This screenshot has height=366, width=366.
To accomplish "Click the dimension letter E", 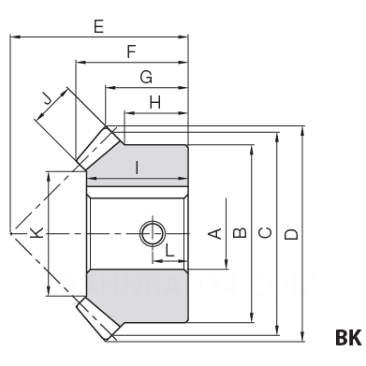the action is [x=98, y=26].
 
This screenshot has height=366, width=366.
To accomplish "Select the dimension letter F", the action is [x=132, y=51].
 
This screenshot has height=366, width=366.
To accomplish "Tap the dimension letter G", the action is [x=146, y=77].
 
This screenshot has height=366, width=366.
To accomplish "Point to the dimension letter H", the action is [x=155, y=102].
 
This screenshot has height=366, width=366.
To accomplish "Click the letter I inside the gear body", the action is [x=137, y=168].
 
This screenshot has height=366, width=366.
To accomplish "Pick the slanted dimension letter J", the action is [x=48, y=100].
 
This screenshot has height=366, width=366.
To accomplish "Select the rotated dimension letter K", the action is [x=37, y=233].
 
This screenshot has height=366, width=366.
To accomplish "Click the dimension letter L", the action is [x=169, y=250].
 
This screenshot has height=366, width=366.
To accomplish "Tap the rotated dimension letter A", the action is [x=214, y=233].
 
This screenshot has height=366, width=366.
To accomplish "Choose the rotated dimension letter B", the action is [x=240, y=233].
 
